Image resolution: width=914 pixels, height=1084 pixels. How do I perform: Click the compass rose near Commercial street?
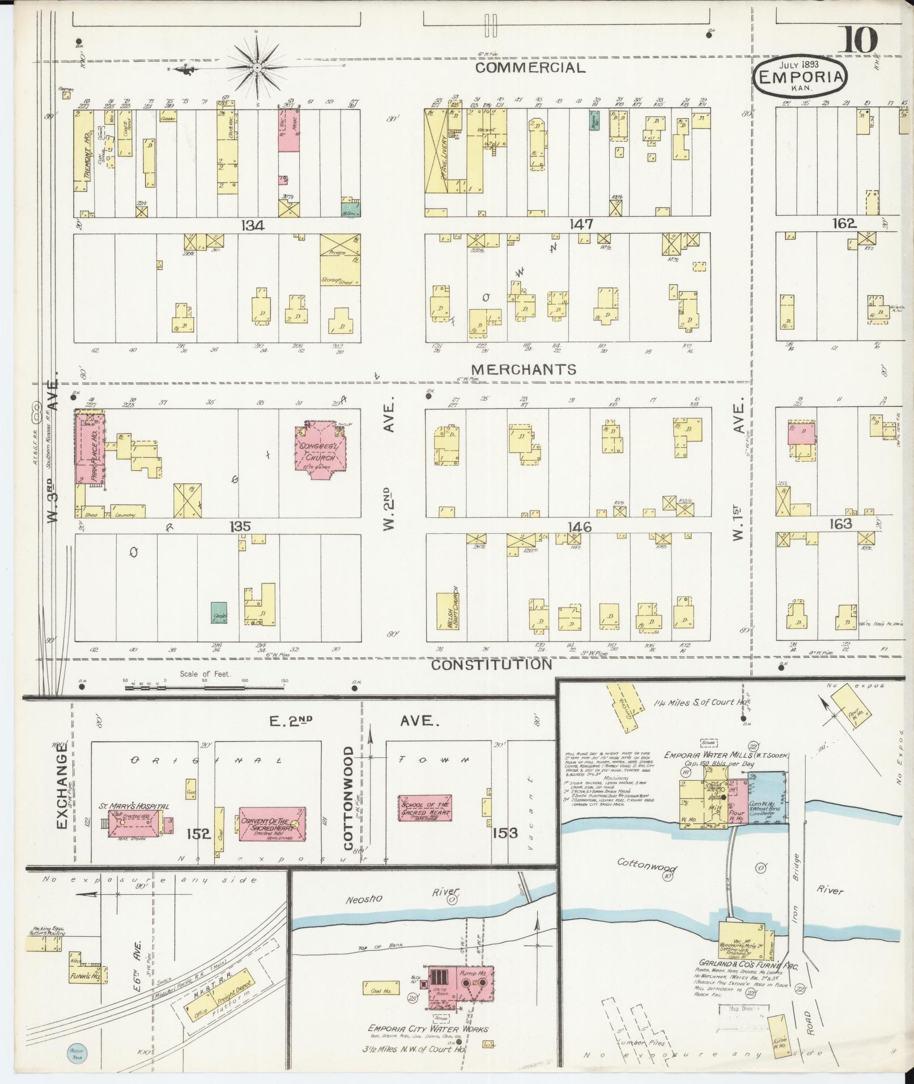click(x=256, y=67)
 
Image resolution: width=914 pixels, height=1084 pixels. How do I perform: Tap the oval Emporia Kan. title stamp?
click(x=800, y=78)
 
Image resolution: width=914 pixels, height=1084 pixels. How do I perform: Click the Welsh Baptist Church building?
click(x=447, y=612)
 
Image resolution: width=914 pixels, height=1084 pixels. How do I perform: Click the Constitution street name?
click(x=491, y=664)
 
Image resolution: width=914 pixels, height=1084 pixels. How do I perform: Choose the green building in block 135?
click(x=219, y=613)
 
